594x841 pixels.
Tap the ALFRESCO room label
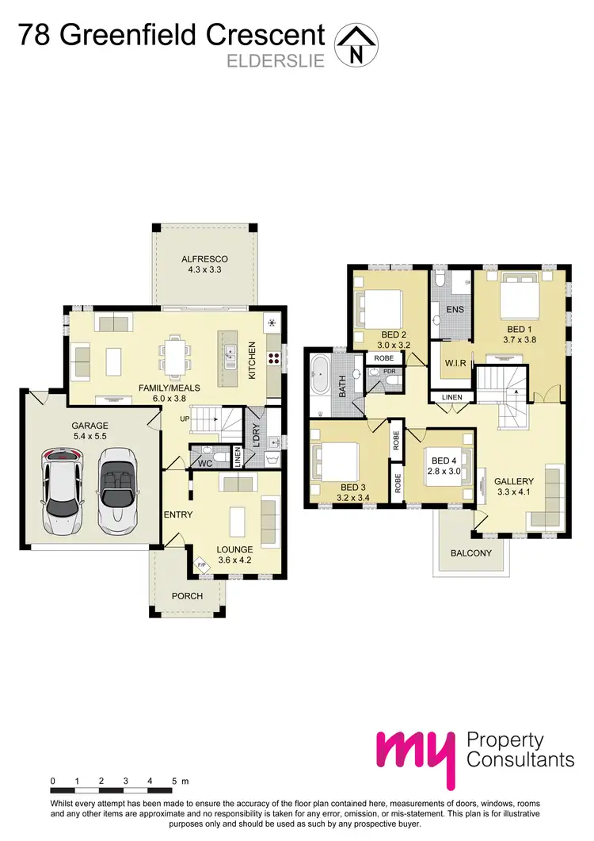[205, 259]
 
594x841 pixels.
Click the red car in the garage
[63, 489]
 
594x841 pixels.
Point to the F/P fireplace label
[200, 565]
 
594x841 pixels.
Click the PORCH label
[188, 596]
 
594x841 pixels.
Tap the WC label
[205, 461]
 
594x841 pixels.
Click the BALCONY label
[470, 553]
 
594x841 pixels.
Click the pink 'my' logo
[416, 756]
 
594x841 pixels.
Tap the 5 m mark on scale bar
[177, 782]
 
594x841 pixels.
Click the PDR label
[389, 370]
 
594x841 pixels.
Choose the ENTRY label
[178, 515]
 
